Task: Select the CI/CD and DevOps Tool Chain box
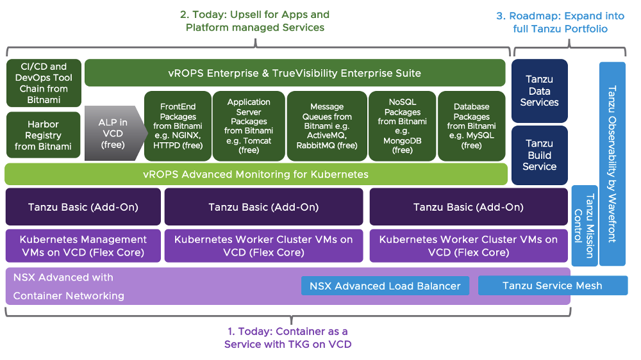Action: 44,83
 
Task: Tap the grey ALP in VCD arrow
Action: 111,133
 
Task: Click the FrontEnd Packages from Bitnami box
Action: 174,126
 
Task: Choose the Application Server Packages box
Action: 249,126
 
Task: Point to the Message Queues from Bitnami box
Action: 326,126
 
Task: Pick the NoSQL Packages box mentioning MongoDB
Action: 402,126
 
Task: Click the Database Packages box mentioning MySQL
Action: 471,126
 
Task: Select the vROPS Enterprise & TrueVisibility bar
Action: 295,73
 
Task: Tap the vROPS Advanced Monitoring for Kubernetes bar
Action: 286,174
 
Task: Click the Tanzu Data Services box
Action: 539,91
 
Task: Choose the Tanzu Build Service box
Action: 539,155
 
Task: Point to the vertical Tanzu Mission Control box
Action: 584,225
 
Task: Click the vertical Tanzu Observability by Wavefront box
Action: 612,163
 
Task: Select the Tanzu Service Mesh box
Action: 552,286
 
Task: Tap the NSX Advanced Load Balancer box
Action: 385,286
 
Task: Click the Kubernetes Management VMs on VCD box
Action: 83,245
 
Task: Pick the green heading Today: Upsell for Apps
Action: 255,20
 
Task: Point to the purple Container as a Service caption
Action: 287,338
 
